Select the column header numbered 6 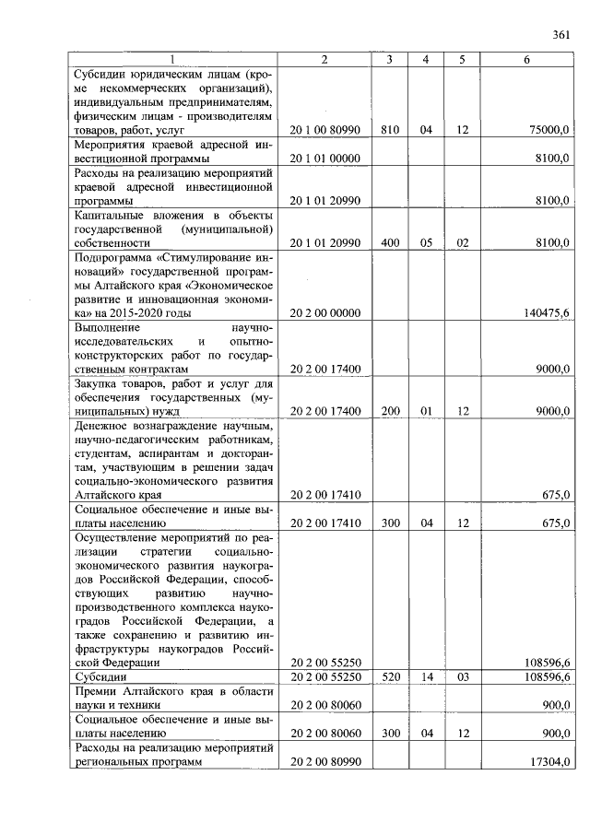click(526, 60)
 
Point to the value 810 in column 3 click(389, 131)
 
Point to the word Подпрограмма click(114, 257)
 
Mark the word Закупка click(99, 384)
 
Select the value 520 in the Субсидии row click(389, 677)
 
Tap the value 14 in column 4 click(426, 677)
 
